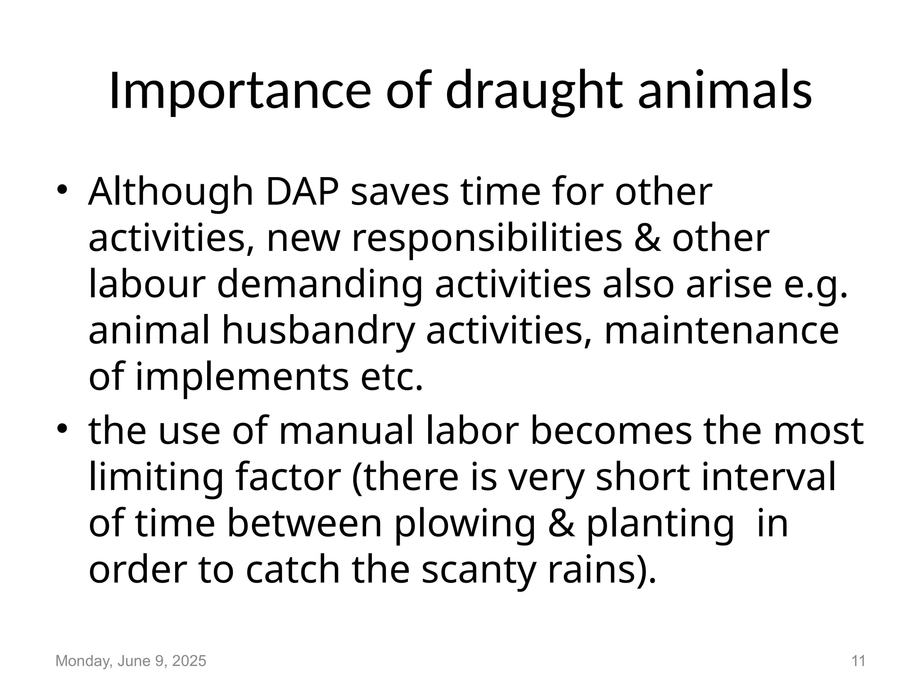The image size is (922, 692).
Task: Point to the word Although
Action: [171, 192]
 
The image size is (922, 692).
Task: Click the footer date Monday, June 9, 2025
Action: [131, 661]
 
